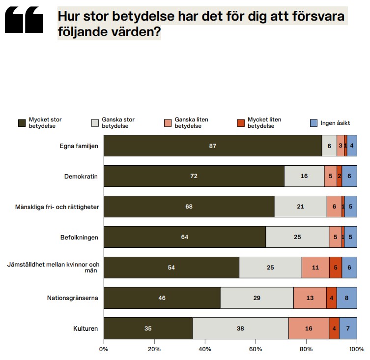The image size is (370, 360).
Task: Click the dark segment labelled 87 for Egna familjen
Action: (213, 146)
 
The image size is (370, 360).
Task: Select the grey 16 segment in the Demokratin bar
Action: (304, 176)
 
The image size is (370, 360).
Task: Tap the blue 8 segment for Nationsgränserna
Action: (346, 298)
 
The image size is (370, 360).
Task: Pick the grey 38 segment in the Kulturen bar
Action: (240, 328)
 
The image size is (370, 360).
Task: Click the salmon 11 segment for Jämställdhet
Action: (315, 268)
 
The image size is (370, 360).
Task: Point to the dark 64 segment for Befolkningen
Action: (185, 237)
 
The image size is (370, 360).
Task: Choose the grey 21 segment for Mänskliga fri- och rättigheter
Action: (300, 207)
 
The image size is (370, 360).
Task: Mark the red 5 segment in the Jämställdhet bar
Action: (336, 268)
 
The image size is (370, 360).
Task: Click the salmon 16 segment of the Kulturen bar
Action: (309, 328)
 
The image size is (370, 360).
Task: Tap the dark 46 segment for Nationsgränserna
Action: (162, 298)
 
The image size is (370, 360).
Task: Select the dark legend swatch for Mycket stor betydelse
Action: (22, 122)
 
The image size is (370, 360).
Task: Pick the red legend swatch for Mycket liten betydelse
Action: (241, 122)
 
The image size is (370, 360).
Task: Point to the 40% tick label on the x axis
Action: (205, 350)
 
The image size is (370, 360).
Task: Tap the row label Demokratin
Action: (82, 176)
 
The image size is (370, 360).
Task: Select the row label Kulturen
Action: (86, 328)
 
